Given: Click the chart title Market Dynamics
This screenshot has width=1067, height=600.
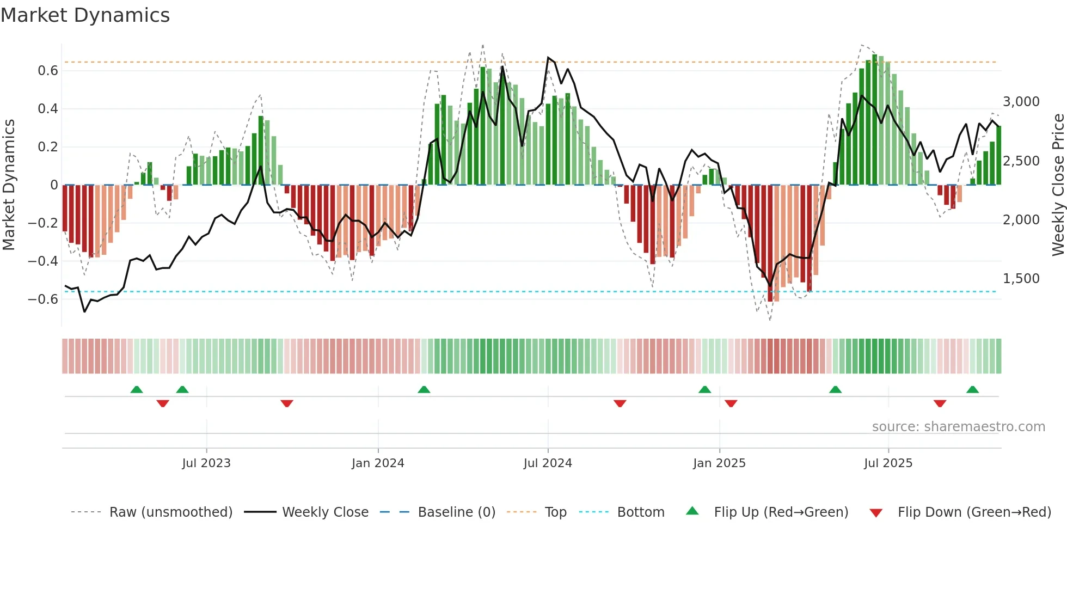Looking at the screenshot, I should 85,15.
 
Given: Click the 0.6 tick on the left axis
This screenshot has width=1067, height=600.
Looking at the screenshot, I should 48,71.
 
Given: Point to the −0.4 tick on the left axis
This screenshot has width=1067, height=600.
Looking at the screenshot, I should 43,261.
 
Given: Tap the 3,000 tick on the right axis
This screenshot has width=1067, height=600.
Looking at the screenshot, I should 1021,102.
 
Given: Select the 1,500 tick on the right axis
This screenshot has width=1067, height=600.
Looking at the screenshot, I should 1021,279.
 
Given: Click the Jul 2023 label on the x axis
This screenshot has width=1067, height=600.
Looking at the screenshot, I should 206,463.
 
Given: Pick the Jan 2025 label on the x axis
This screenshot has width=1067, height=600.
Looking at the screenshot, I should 719,463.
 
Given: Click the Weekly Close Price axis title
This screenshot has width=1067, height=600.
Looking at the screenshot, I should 1058,185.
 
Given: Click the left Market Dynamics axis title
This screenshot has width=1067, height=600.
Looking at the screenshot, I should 9,185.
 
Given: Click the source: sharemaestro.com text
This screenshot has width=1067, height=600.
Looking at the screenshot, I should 958,427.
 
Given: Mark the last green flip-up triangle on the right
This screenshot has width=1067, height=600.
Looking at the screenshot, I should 972,390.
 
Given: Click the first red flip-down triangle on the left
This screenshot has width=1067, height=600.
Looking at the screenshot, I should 163,403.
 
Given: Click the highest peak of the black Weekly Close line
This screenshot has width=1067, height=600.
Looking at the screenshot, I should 548,57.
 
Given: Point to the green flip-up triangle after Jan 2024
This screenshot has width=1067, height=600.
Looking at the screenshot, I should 424,390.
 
